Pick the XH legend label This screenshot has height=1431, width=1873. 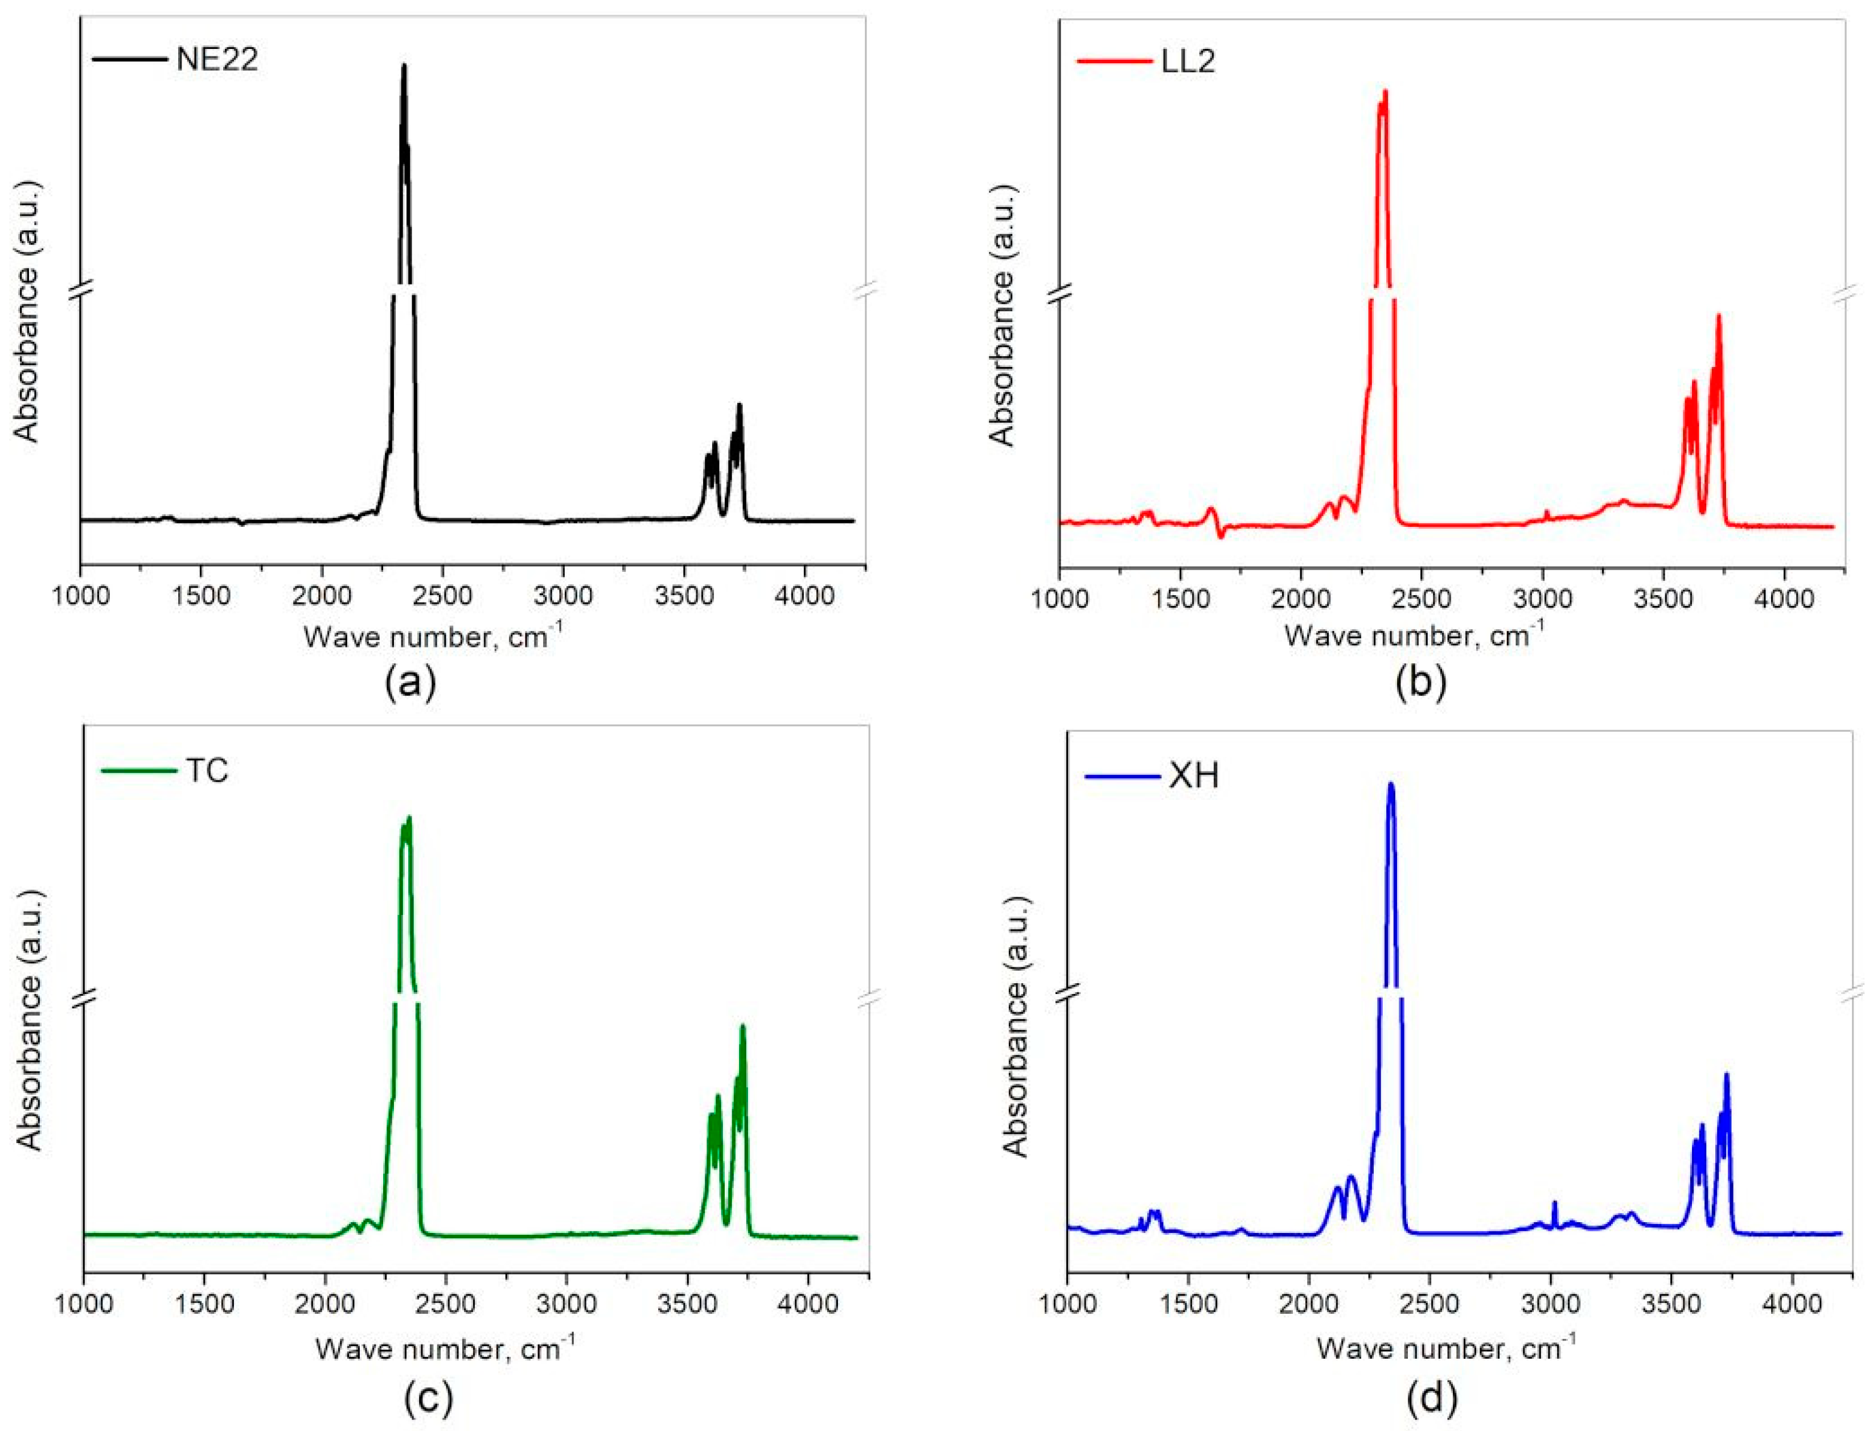pos(1193,776)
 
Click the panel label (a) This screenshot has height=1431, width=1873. pos(410,682)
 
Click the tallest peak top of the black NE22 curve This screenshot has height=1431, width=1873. pos(404,65)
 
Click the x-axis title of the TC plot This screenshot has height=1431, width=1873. pos(445,1348)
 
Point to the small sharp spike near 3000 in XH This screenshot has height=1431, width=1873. pos(1554,1203)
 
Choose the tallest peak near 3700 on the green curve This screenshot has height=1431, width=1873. pos(742,1026)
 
